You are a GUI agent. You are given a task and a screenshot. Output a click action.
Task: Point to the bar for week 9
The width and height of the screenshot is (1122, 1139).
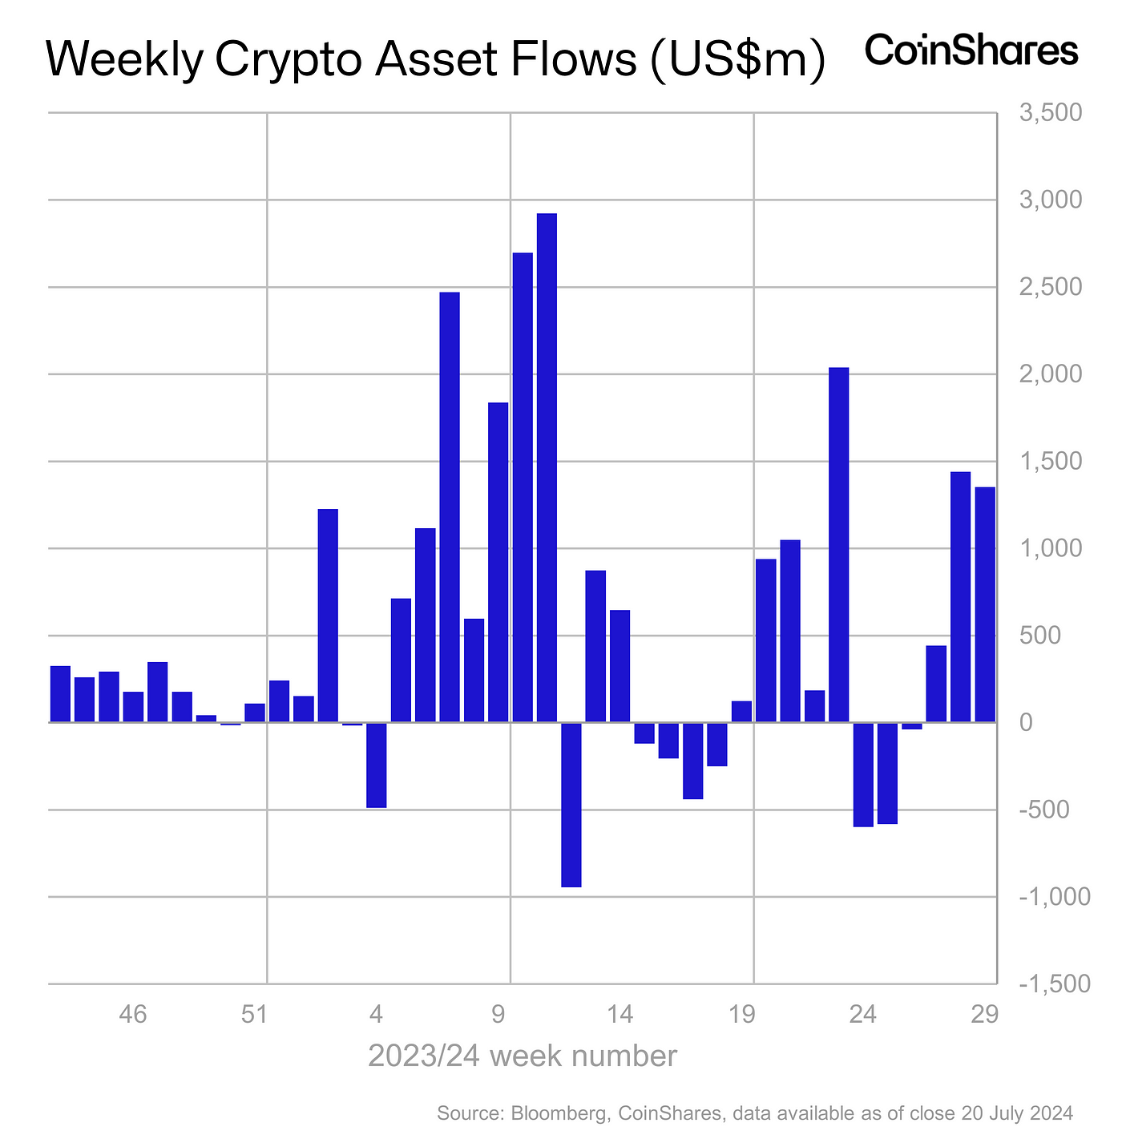[498, 562]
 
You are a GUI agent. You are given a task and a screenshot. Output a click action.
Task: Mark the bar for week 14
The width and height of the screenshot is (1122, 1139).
[620, 665]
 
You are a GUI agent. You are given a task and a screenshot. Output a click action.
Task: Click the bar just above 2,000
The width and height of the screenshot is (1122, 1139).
[839, 544]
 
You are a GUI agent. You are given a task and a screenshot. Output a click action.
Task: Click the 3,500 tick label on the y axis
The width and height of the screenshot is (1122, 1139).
[1051, 113]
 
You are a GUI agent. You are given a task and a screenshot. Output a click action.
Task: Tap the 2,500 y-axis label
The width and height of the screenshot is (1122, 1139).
[1051, 287]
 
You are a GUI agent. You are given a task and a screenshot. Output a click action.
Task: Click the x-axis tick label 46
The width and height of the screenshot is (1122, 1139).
[133, 1015]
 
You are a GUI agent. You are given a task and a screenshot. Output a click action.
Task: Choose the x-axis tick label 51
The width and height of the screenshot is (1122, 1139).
[254, 1015]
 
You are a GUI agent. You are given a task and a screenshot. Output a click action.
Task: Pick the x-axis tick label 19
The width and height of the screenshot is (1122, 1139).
[742, 1015]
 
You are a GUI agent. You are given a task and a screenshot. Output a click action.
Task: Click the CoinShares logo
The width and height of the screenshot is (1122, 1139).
[971, 50]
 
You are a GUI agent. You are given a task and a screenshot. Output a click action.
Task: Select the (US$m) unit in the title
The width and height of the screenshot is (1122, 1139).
[737, 61]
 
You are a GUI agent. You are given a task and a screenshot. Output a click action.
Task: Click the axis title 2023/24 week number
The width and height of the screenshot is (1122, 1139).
[523, 1056]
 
